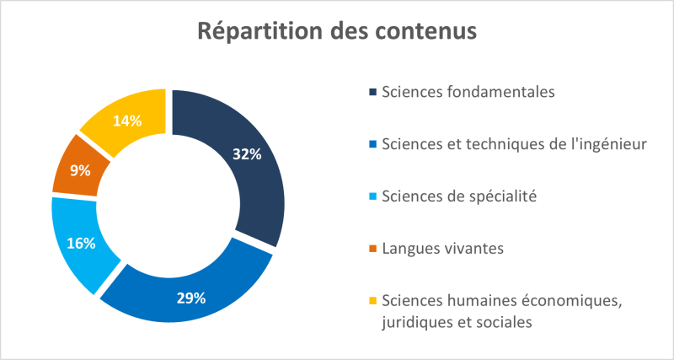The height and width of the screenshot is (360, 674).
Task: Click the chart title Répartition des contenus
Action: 337,31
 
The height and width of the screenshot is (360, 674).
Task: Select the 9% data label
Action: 81,170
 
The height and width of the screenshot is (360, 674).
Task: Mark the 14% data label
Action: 126,121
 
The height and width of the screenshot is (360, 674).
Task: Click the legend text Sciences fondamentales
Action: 468,92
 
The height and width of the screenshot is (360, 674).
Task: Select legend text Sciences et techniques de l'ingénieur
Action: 514,144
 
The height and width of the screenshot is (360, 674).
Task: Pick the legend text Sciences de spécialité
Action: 459,196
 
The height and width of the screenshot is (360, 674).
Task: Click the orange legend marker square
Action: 372,250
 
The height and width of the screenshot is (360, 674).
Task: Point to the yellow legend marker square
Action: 372,302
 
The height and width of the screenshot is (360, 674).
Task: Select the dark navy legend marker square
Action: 372,93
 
